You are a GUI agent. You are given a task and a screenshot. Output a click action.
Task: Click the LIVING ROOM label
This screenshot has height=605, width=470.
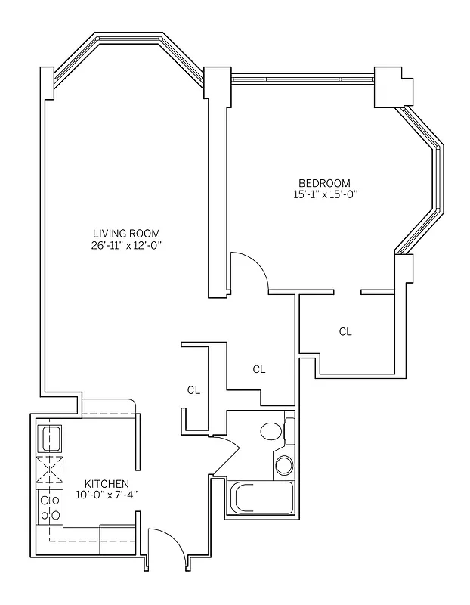[x=126, y=233]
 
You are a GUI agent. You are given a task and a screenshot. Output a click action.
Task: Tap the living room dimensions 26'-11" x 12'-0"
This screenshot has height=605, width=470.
[x=126, y=245]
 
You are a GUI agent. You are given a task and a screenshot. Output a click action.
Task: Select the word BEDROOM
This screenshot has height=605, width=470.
[x=324, y=183]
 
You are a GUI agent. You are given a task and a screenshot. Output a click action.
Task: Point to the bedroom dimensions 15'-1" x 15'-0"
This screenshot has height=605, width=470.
[x=324, y=194]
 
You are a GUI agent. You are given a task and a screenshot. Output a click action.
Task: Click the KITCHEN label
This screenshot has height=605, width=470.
[x=106, y=484]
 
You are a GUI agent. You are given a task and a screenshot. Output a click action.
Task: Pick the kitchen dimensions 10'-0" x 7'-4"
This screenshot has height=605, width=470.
[x=106, y=495]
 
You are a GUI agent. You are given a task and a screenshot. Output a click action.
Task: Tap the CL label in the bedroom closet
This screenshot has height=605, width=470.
[x=345, y=331]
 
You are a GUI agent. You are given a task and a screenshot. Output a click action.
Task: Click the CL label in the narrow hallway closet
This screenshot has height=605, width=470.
[x=194, y=390]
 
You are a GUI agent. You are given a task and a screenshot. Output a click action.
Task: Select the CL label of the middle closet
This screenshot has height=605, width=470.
[x=259, y=369]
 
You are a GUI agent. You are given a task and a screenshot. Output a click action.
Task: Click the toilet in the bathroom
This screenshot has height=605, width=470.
[x=270, y=432]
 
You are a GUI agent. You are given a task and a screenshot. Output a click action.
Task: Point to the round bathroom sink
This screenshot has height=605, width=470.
[x=284, y=464]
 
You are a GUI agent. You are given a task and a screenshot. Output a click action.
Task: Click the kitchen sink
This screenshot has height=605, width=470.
[x=51, y=438]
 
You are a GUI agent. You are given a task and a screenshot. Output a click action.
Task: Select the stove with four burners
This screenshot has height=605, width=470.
[x=51, y=507]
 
